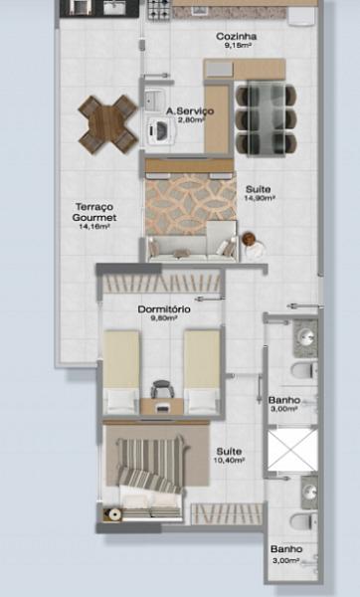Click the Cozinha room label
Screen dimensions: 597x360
pyautogui.click(x=236, y=36)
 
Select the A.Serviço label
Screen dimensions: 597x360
pyautogui.click(x=186, y=110)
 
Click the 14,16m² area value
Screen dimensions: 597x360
pyautogui.click(x=94, y=226)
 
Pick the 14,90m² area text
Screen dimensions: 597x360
pyautogui.click(x=260, y=198)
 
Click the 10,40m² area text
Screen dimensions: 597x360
pyautogui.click(x=229, y=461)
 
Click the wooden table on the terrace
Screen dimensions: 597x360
pyautogui.click(x=107, y=122)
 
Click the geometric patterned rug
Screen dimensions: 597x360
pyautogui.click(x=190, y=200)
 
